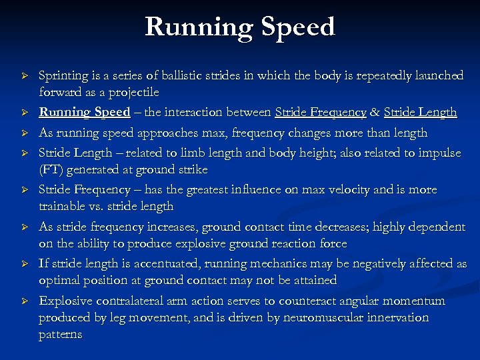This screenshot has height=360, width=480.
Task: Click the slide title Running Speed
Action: [x=240, y=27]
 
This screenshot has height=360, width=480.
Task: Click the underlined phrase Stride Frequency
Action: [x=321, y=112]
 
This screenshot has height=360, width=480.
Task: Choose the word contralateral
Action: [x=140, y=301]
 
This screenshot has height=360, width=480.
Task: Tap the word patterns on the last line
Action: [x=60, y=334]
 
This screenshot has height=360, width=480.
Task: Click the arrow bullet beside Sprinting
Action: [x=24, y=76]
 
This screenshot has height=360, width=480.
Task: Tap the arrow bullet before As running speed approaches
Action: [x=24, y=133]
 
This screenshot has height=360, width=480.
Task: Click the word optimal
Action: [x=61, y=280]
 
